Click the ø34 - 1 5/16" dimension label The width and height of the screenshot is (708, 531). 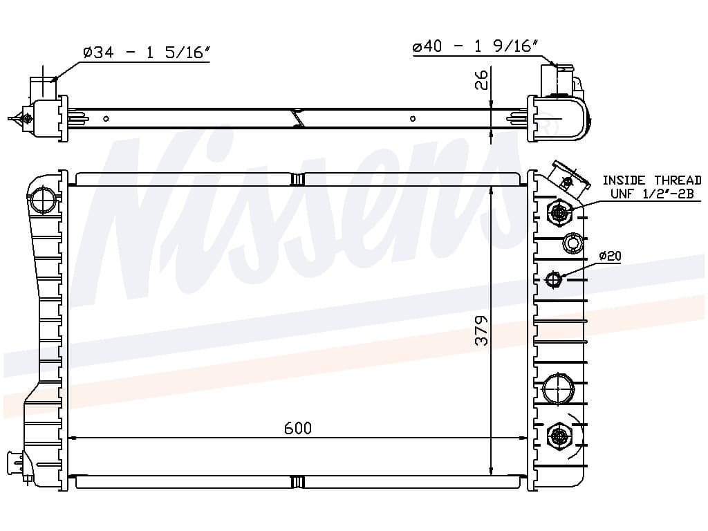147,53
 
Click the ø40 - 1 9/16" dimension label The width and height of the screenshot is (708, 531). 476,46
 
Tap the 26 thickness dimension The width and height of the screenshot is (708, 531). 482,80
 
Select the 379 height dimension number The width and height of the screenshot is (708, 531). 482,330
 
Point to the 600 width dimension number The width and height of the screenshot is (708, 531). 298,427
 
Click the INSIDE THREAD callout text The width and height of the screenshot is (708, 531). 651,180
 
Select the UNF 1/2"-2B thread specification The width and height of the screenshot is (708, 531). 651,194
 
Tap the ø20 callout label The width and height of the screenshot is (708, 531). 610,256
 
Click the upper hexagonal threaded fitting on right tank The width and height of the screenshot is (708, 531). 559,212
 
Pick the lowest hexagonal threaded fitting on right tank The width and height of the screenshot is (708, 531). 559,436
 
